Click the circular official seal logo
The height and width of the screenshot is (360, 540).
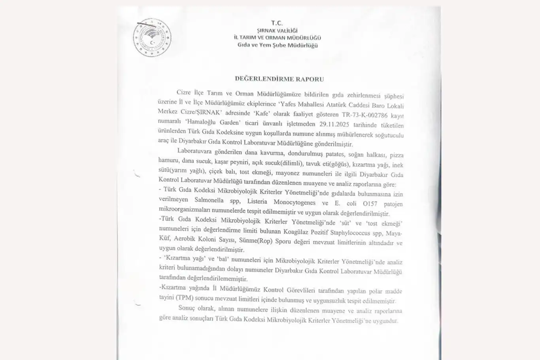pos(152,38)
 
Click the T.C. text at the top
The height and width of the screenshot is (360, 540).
pos(277,23)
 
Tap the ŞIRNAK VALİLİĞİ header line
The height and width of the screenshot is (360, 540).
pos(277,30)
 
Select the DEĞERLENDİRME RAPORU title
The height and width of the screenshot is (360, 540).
pos(279,79)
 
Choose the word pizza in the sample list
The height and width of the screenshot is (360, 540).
pos(397,155)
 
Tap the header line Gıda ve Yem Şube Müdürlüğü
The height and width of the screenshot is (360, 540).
pos(277,45)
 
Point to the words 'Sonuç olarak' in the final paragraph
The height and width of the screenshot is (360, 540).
pos(196,308)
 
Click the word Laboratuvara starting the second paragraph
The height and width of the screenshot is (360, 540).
pos(194,151)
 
